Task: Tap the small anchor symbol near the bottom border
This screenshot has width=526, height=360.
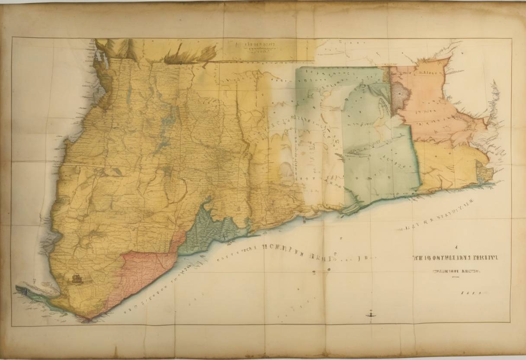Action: [370, 313]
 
